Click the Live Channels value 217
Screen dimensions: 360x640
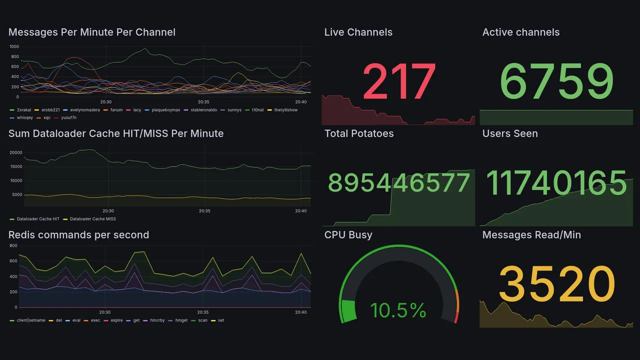[398, 81]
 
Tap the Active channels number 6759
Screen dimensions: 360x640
[556, 81]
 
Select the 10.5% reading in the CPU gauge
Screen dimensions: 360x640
[398, 310]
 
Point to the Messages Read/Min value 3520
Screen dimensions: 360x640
[556, 283]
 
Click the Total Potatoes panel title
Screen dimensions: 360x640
[359, 133]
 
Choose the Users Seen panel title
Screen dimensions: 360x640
[510, 133]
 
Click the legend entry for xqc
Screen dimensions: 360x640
[47, 117]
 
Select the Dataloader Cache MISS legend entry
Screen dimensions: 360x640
[93, 219]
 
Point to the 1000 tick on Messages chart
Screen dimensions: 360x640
[14, 46]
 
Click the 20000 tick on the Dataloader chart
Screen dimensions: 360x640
[16, 152]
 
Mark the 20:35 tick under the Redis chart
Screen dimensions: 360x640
[202, 312]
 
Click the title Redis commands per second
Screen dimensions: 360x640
[78, 235]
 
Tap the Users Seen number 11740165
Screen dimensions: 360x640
[556, 182]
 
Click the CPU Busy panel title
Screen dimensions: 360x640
[348, 235]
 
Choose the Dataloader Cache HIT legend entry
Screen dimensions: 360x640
[38, 219]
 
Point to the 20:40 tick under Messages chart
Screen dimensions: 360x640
[301, 102]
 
